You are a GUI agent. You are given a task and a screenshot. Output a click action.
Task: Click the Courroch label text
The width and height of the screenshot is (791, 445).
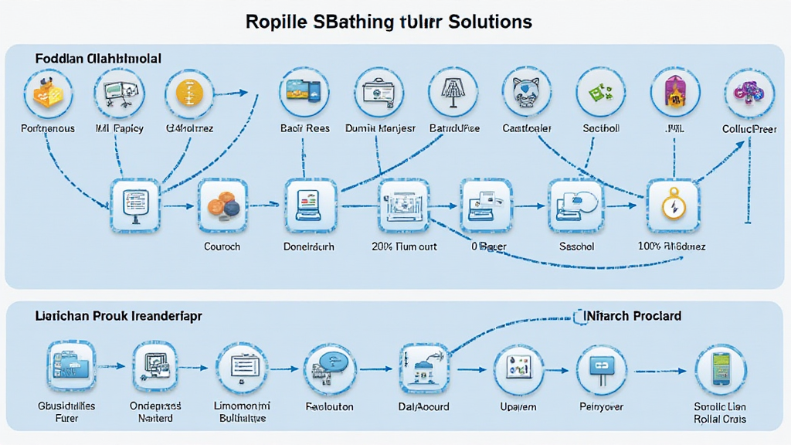click(x=222, y=246)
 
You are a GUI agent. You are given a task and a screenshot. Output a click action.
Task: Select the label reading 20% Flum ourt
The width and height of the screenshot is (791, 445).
click(x=405, y=246)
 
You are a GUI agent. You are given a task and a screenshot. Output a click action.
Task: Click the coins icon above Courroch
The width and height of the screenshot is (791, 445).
click(x=222, y=205)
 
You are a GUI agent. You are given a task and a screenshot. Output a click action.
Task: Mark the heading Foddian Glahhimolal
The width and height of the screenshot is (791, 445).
click(x=97, y=59)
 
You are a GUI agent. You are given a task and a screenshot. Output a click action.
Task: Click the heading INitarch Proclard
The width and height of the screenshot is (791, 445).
click(x=629, y=317)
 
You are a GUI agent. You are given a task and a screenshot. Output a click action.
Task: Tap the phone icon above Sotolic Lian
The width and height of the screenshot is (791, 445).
click(x=720, y=369)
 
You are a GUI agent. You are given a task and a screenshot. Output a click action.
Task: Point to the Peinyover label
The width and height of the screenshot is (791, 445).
click(x=602, y=406)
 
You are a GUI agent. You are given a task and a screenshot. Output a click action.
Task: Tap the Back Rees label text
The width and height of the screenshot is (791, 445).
click(x=306, y=128)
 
